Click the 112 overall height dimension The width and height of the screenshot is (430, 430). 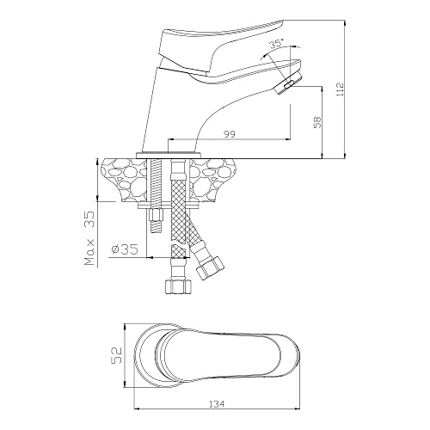[341, 89]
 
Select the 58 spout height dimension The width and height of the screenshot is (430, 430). [318, 122]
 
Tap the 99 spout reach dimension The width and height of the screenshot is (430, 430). [230, 134]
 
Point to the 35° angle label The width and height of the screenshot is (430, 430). [276, 44]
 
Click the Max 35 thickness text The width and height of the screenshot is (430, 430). [89, 238]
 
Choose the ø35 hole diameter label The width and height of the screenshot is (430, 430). [125, 249]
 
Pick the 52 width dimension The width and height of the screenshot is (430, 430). [117, 355]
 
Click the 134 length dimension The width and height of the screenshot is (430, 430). [217, 404]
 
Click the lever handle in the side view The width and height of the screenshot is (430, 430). [218, 49]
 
